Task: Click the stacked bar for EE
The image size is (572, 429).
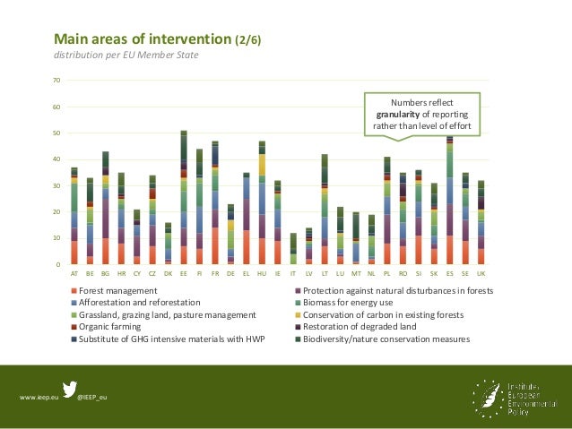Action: (x=184, y=198)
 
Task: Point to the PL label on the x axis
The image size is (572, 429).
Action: (x=387, y=272)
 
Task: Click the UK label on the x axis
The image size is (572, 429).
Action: (x=481, y=272)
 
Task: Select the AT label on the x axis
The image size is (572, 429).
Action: (x=74, y=272)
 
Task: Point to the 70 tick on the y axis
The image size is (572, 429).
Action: (x=57, y=81)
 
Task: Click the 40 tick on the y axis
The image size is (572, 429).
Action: (x=57, y=159)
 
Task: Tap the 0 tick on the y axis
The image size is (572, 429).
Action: (x=59, y=265)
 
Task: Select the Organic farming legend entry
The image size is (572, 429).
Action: (x=106, y=327)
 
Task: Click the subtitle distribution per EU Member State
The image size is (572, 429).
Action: (x=126, y=56)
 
